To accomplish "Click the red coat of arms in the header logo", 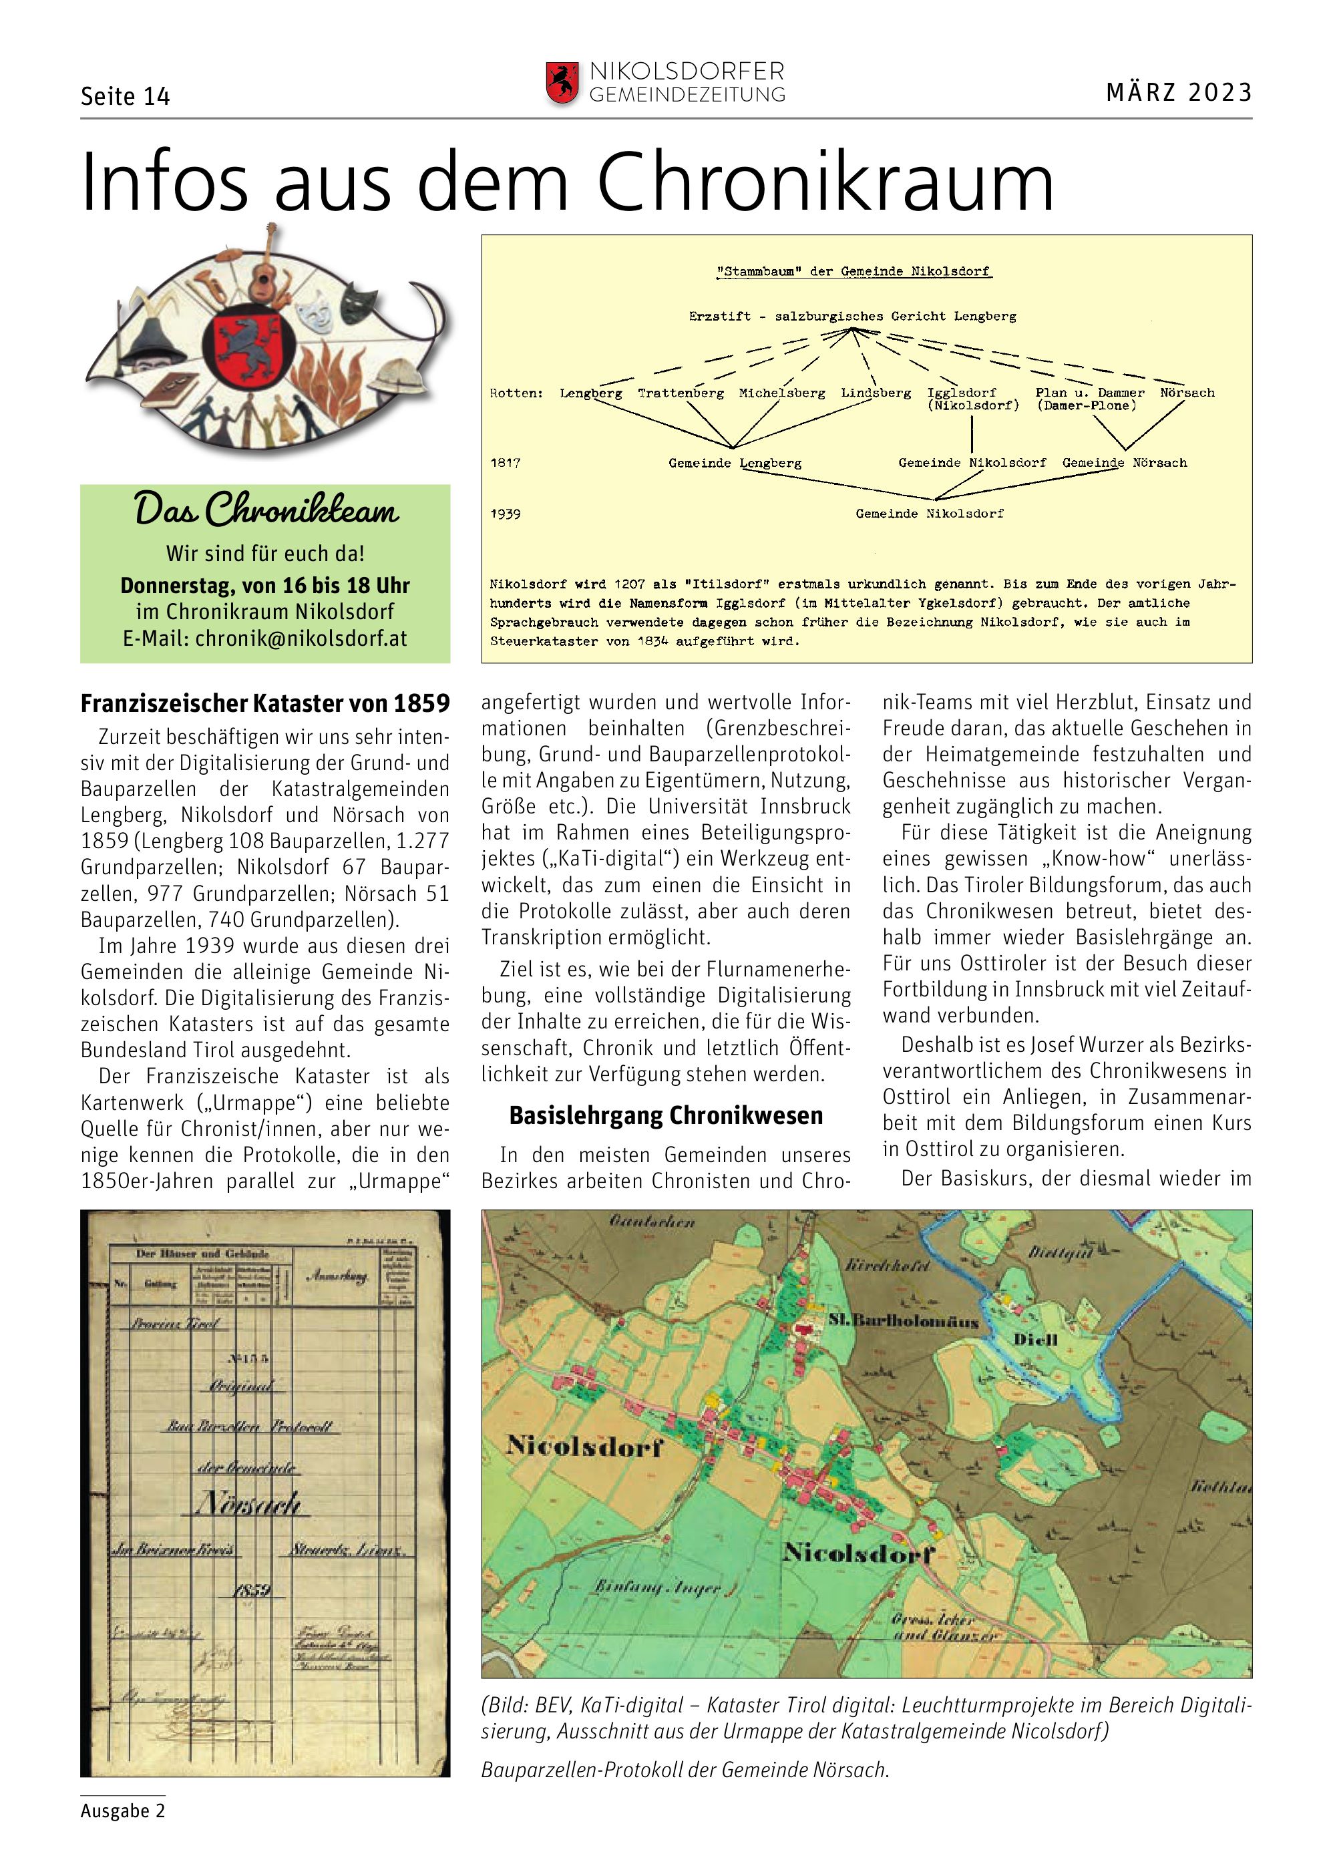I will [562, 83].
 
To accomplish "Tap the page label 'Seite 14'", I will [125, 97].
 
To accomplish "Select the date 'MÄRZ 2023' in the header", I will [1179, 92].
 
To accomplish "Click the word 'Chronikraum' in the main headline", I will [825, 183].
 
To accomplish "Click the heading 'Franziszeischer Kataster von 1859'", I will [265, 703].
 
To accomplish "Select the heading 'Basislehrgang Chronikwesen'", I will [666, 1115].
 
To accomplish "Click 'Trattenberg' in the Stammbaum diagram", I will [681, 393].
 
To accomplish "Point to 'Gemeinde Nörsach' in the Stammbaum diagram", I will [1125, 463].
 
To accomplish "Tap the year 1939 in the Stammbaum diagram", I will [506, 514].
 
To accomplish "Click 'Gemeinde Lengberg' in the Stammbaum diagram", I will [735, 463].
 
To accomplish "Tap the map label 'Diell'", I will [1035, 1340].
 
